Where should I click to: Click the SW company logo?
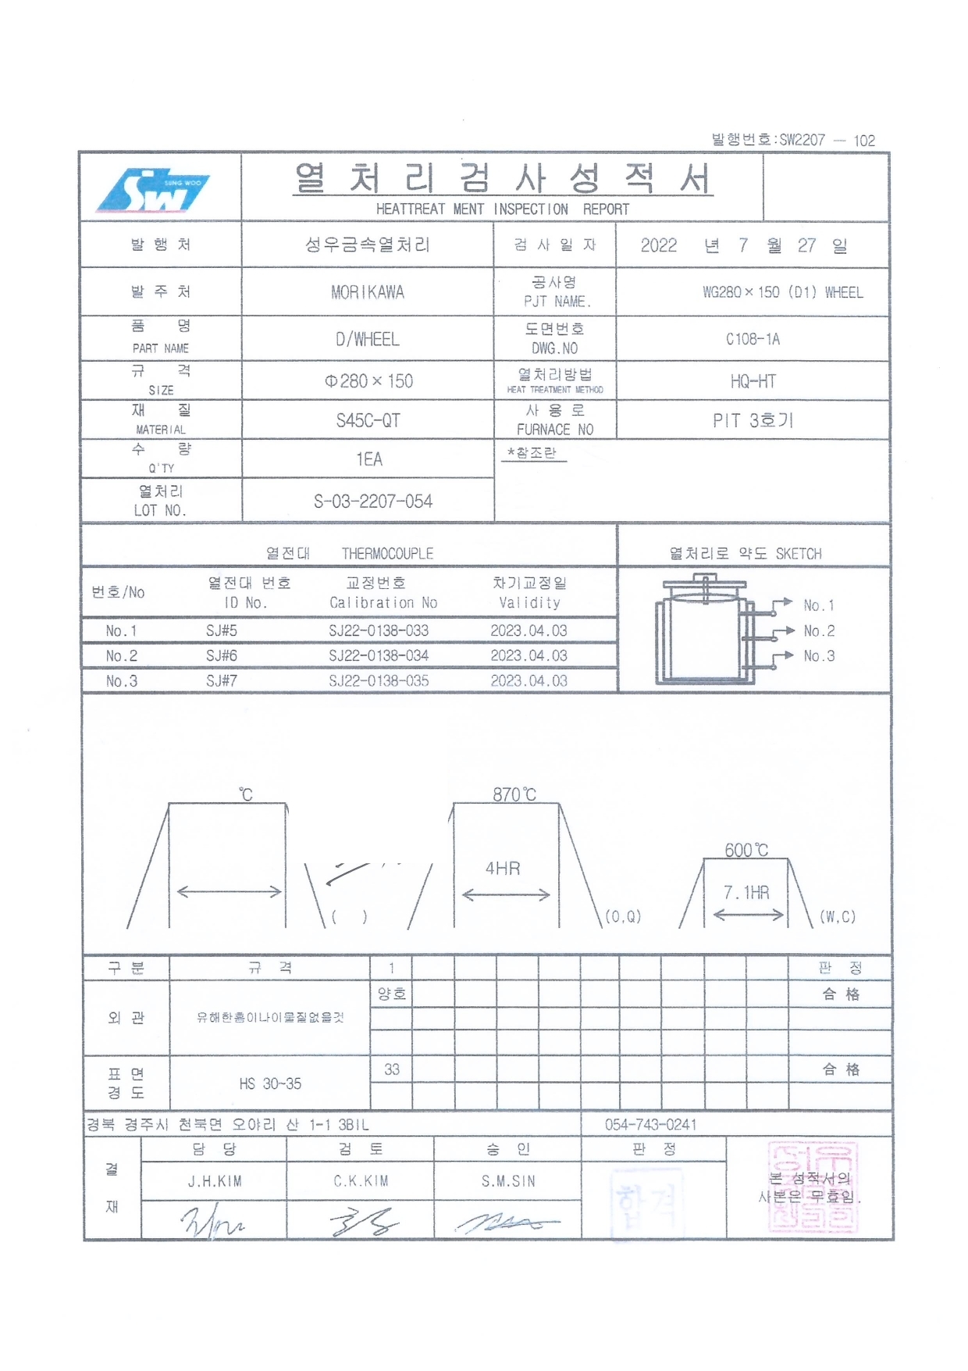pyautogui.click(x=153, y=190)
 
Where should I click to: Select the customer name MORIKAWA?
pyautogui.click(x=367, y=293)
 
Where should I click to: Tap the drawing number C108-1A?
pyautogui.click(x=753, y=339)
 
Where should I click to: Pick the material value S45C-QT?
pyautogui.click(x=368, y=420)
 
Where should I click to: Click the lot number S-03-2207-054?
pyautogui.click(x=372, y=502)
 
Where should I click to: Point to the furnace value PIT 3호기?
pyautogui.click(x=753, y=420)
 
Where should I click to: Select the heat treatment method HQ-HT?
pyautogui.click(x=753, y=381)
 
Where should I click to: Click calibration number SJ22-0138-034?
pyautogui.click(x=379, y=655)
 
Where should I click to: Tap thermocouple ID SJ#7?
pyautogui.click(x=222, y=680)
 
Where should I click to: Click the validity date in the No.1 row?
pyautogui.click(x=528, y=630)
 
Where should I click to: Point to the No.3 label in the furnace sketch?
pyautogui.click(x=819, y=656)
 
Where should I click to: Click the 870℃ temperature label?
pyautogui.click(x=514, y=794)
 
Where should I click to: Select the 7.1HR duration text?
pyautogui.click(x=746, y=892)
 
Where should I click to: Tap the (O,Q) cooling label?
pyautogui.click(x=623, y=916)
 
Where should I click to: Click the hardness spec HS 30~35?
pyautogui.click(x=270, y=1084)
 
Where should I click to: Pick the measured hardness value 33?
pyautogui.click(x=392, y=1069)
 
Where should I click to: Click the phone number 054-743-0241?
pyautogui.click(x=650, y=1124)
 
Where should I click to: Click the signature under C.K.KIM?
pyautogui.click(x=361, y=1220)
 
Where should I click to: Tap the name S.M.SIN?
pyautogui.click(x=508, y=1181)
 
